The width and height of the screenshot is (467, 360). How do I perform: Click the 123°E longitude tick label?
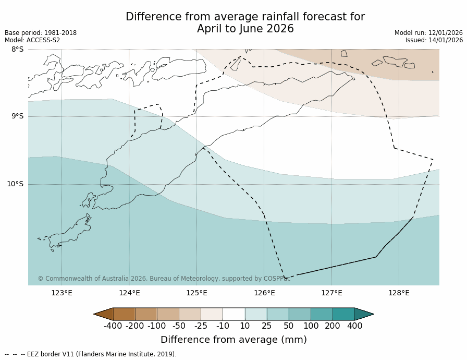(x=62, y=293)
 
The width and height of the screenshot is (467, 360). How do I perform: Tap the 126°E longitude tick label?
(x=264, y=293)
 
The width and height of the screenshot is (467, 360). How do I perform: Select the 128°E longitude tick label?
(x=399, y=293)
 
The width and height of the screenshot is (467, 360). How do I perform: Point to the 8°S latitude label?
(x=17, y=50)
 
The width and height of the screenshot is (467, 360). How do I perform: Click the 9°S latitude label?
(x=17, y=116)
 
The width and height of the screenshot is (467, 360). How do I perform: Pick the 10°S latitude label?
(x=15, y=184)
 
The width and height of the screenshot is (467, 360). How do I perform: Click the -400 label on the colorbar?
(x=113, y=326)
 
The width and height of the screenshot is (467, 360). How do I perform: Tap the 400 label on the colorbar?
(x=354, y=326)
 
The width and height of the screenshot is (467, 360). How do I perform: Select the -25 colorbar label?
(x=201, y=326)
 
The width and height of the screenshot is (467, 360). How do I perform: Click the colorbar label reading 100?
(x=311, y=326)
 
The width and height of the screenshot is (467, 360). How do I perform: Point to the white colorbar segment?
(x=233, y=314)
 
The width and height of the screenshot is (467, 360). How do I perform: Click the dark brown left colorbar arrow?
(x=104, y=314)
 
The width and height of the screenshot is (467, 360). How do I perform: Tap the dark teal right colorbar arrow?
(x=364, y=314)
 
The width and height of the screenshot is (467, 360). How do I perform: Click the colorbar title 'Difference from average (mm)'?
(x=233, y=340)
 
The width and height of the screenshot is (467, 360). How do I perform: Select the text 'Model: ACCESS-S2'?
(x=32, y=40)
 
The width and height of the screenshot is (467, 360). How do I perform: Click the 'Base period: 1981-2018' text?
(x=41, y=33)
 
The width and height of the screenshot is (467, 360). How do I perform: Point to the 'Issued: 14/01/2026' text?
(x=434, y=40)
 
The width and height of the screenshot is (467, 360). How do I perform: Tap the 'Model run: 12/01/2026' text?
(x=428, y=33)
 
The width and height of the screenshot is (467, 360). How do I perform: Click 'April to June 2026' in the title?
(x=245, y=29)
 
